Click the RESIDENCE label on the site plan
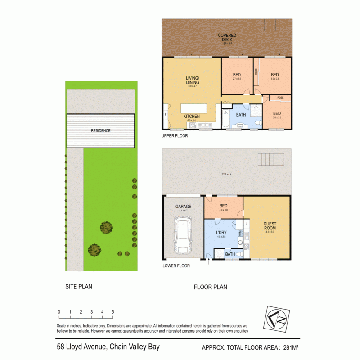pos(101,131)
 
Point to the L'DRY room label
pos(220,232)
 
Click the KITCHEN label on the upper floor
pos(191,117)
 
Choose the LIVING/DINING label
pos(192,81)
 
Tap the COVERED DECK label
pos(227,37)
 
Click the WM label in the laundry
pos(240,233)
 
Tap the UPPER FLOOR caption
pos(174,135)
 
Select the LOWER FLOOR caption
pos(176,266)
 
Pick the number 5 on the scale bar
pos(112,312)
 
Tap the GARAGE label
pos(183,207)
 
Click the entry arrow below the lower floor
pos(209,261)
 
